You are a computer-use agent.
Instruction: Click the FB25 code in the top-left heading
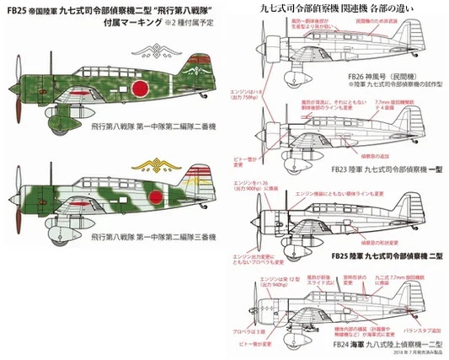[13, 12]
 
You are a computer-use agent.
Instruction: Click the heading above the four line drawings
[351, 10]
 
